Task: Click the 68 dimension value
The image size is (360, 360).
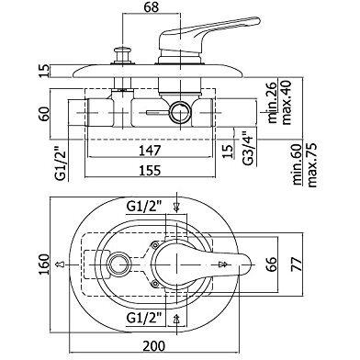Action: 151,6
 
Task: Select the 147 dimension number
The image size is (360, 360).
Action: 150,151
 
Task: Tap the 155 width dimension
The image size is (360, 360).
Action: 150,170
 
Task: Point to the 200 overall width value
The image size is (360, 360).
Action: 153,346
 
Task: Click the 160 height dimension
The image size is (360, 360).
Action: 44,264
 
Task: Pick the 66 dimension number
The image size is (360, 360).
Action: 271,264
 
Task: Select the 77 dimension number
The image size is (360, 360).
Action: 297,264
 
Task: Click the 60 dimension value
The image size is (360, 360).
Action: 44,114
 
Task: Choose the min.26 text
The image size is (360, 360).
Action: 272,103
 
